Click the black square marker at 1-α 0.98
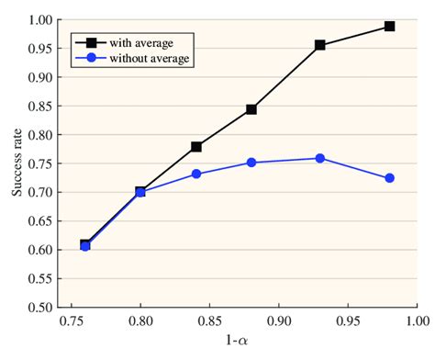[389, 26]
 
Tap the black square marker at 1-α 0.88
[251, 109]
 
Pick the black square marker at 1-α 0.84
[196, 146]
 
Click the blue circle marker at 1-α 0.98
[389, 178]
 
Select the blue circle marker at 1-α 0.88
[251, 163]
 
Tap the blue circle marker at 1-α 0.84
[196, 174]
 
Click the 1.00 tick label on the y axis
[39, 19]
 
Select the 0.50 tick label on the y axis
[39, 307]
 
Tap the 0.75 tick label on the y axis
[39, 163]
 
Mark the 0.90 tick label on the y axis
[39, 77]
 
